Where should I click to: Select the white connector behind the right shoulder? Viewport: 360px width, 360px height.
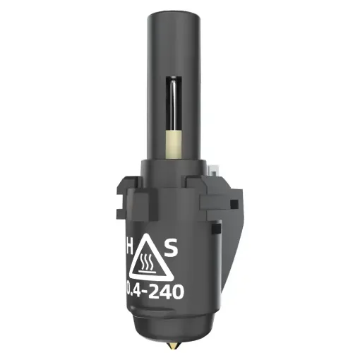tap(212, 169)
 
